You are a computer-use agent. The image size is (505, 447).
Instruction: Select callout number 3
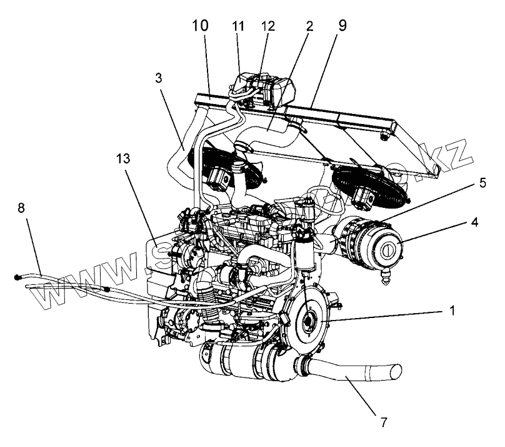[x=159, y=78]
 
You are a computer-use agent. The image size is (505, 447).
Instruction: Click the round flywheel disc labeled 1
[x=309, y=322]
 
